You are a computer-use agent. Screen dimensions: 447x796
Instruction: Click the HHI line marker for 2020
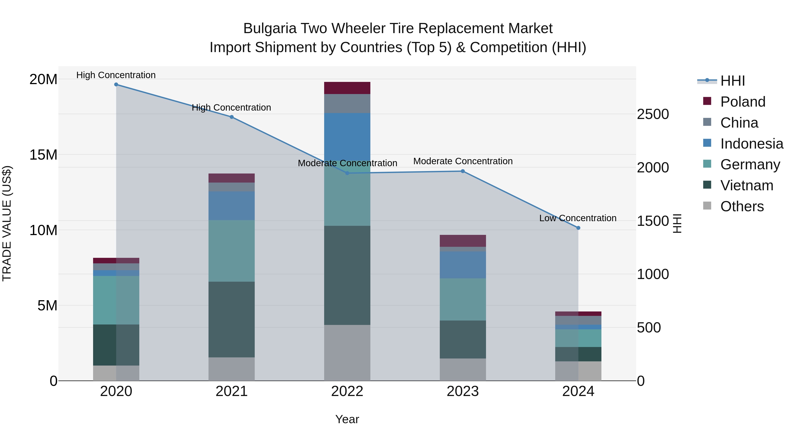click(116, 85)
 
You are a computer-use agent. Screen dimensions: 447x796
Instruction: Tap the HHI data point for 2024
click(578, 228)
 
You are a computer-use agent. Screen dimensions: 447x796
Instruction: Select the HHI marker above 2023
click(463, 171)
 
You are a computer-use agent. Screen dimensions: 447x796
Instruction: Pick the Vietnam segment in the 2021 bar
click(232, 319)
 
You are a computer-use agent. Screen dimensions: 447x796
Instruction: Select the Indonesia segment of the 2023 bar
click(463, 265)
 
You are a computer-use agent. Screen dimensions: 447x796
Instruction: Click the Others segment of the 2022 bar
click(347, 353)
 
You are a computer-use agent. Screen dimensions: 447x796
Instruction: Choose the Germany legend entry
click(750, 165)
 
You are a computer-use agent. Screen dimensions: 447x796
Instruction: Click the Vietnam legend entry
click(746, 186)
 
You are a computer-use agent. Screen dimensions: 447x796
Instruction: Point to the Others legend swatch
click(707, 206)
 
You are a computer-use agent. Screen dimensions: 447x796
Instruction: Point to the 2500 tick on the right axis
click(653, 114)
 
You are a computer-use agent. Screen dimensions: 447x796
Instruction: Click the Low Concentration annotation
click(578, 218)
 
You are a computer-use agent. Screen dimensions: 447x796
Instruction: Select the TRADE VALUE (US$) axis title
click(7, 224)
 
